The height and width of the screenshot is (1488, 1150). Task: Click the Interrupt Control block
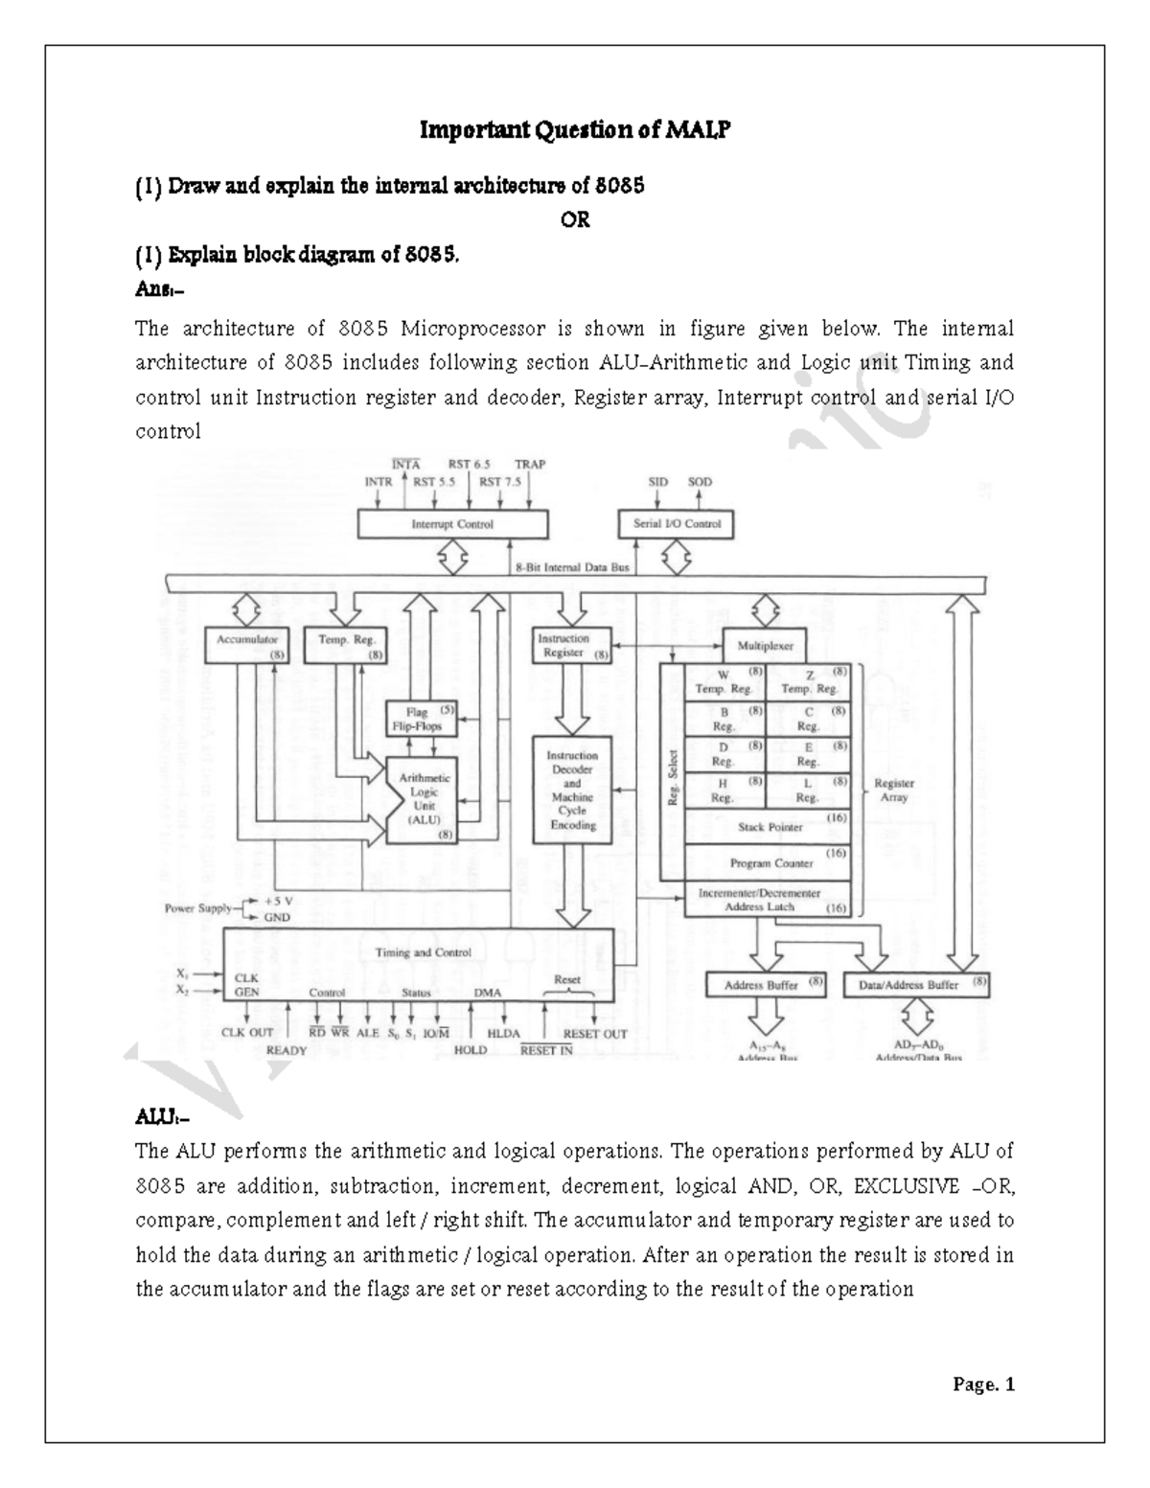coord(452,524)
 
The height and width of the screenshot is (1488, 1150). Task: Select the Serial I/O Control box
coord(677,524)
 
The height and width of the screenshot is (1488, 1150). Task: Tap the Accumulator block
coord(247,645)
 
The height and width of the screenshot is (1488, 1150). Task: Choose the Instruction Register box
coord(572,645)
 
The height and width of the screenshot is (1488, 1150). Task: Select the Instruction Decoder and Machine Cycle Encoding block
coord(572,790)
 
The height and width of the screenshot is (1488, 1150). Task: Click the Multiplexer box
coord(764,645)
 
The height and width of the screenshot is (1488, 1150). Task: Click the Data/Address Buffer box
coord(915,984)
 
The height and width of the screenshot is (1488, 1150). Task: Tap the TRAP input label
coord(529,464)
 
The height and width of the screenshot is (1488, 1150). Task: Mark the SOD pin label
coord(700,482)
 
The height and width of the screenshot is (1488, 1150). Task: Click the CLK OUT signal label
coord(247,1033)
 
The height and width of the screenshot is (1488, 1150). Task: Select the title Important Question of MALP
coord(574,129)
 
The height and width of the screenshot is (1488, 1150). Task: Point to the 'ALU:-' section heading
coord(156,1118)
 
